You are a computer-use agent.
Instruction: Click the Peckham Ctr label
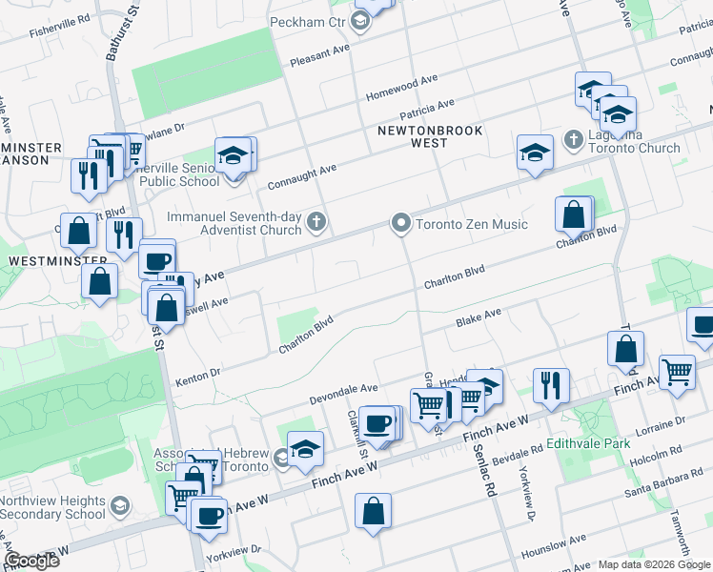coord(308,23)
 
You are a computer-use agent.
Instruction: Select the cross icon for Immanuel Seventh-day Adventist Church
coord(317,224)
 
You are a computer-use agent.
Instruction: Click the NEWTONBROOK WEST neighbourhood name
coord(430,136)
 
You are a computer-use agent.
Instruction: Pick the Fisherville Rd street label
coord(59,17)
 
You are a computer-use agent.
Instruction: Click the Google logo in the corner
coord(32,561)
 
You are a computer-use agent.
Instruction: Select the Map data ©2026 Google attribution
coord(654,564)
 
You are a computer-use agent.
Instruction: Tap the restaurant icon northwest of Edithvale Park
coord(551,385)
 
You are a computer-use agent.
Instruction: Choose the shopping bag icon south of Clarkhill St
coord(373,510)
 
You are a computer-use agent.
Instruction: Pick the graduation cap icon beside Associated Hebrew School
coord(305,449)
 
